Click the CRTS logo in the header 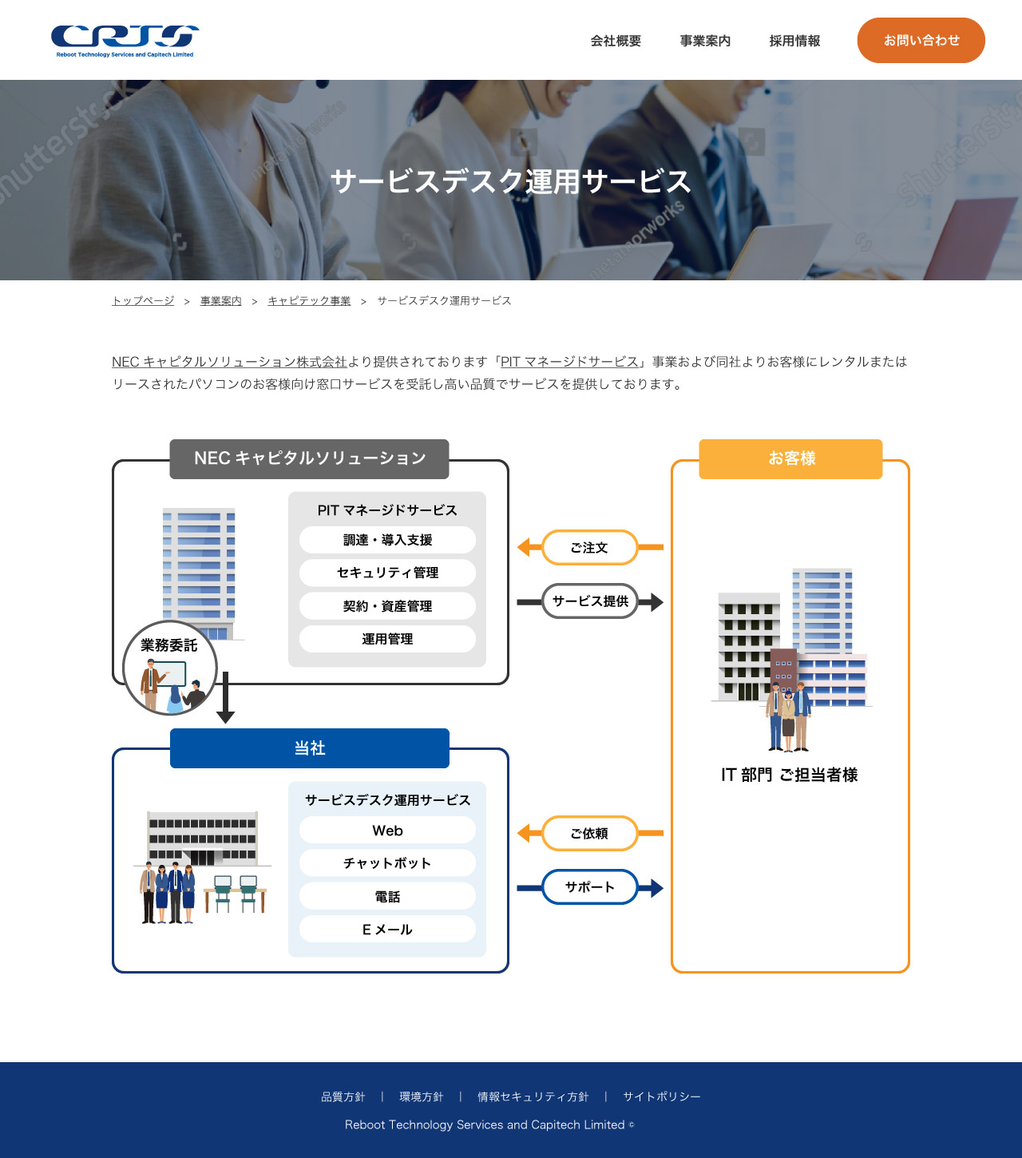(x=125, y=40)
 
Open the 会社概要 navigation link (x=616, y=41)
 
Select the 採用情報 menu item (x=794, y=41)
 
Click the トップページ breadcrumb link (x=143, y=301)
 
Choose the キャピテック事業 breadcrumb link (x=309, y=301)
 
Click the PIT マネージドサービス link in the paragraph (x=569, y=362)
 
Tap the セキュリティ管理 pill (x=387, y=573)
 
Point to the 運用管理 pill (x=387, y=639)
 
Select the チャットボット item (x=387, y=863)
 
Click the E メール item (x=387, y=930)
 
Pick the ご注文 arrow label (x=589, y=548)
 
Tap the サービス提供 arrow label (x=590, y=601)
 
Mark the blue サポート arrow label (x=590, y=887)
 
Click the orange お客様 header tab (x=790, y=458)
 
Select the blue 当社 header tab (x=310, y=748)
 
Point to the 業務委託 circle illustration (x=170, y=668)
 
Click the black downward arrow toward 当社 (x=226, y=699)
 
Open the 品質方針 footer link (x=343, y=1097)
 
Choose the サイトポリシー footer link (x=661, y=1097)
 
